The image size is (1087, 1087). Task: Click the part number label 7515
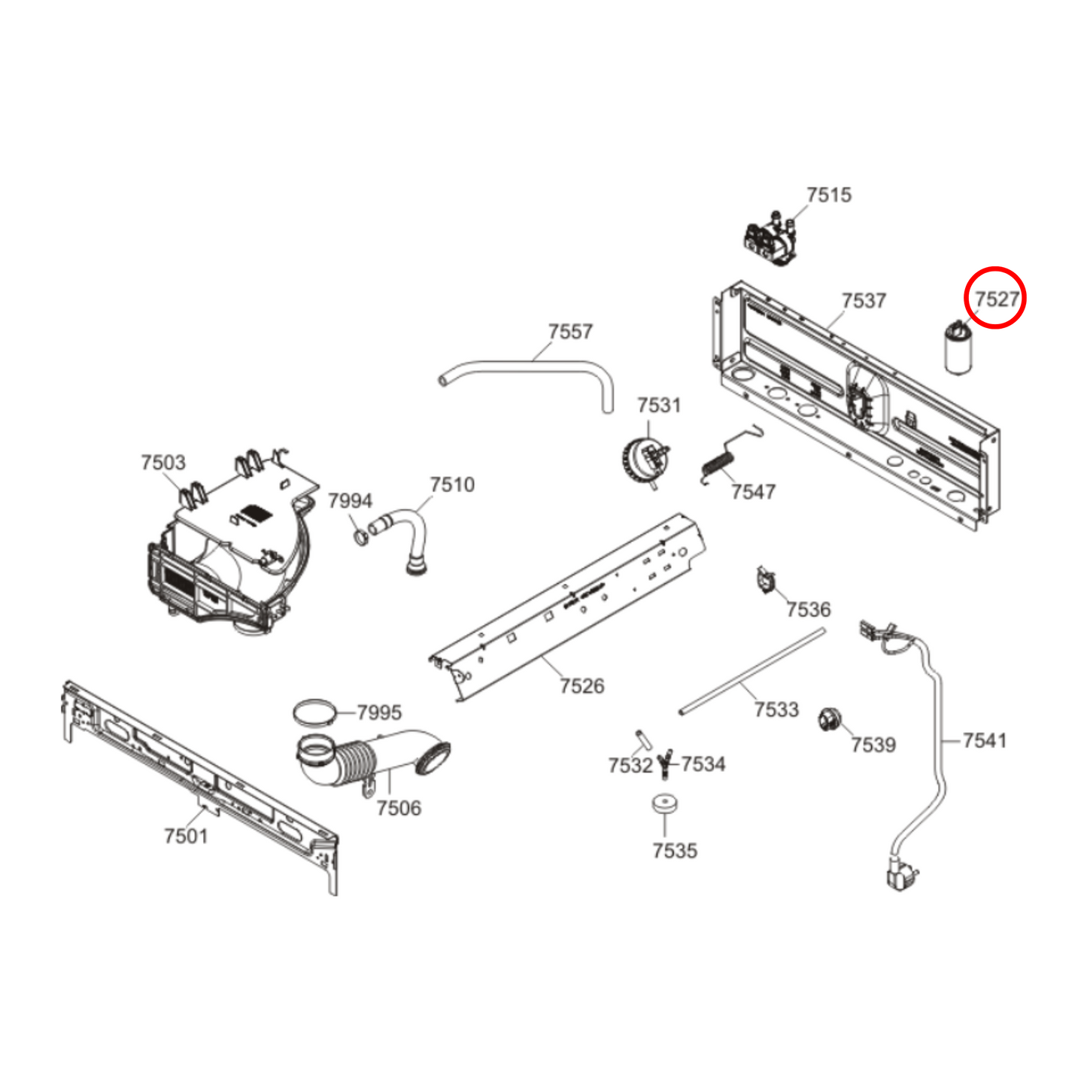[x=829, y=195]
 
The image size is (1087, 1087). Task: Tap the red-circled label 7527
[x=996, y=299]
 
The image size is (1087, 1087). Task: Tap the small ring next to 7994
[x=360, y=537]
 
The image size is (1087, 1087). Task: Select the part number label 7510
[x=452, y=484]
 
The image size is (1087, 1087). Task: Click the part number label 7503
[x=163, y=463]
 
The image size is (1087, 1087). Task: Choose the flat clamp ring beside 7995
[x=314, y=712]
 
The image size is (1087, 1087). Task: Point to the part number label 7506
[x=399, y=808]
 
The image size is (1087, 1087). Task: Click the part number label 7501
[x=186, y=836]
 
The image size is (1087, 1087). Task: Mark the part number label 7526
[x=581, y=686]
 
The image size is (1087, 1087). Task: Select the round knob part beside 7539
[x=828, y=720]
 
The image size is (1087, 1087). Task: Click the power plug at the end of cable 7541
[x=901, y=876]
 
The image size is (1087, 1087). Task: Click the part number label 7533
[x=776, y=709]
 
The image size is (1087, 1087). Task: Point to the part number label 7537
[x=864, y=301]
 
